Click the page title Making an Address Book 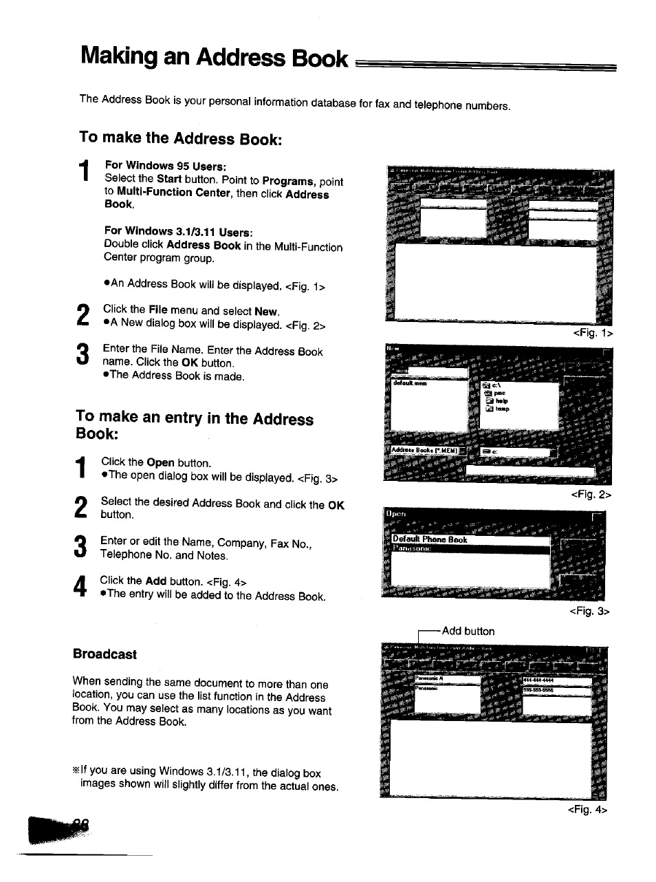(x=214, y=57)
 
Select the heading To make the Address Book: (x=180, y=138)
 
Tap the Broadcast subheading (x=105, y=654)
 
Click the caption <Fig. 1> (x=593, y=333)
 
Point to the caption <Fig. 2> (x=591, y=495)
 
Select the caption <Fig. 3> (x=589, y=611)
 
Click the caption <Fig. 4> (x=587, y=810)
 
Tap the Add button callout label (x=468, y=631)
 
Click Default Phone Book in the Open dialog (x=430, y=540)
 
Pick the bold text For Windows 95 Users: (x=165, y=166)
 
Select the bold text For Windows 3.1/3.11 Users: (x=178, y=232)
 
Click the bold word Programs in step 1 (x=288, y=182)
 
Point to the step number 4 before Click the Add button (x=80, y=588)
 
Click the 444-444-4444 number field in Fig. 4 (x=556, y=681)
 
